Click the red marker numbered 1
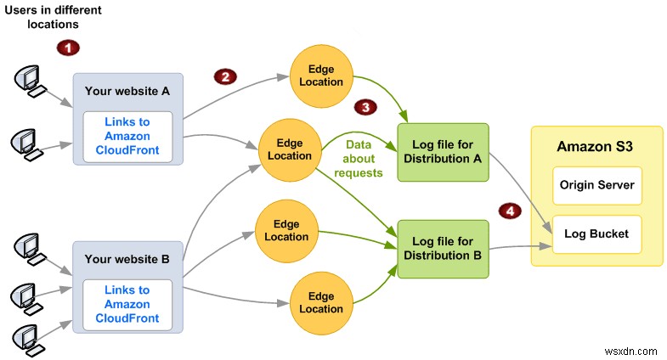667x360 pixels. click(67, 48)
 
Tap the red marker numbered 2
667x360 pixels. click(224, 77)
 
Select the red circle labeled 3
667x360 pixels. click(365, 107)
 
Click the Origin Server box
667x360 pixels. click(596, 185)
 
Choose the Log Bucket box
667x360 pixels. click(596, 233)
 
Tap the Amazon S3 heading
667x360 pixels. click(596, 147)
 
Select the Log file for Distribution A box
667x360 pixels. click(444, 152)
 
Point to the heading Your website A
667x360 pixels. click(128, 89)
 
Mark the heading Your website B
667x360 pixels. click(128, 257)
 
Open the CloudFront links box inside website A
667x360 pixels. click(128, 136)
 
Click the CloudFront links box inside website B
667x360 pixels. click(128, 304)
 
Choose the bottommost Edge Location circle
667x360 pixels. click(321, 303)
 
